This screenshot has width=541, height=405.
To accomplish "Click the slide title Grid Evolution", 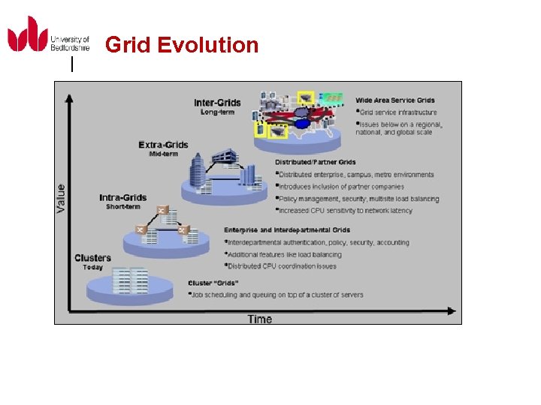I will tap(182, 45).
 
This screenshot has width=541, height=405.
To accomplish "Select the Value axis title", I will tap(61, 198).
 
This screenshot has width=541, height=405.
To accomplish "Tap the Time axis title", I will tap(260, 319).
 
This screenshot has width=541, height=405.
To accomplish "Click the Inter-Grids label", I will tap(217, 103).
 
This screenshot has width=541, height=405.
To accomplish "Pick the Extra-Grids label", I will tap(164, 145).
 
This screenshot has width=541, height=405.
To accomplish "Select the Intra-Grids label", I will tap(122, 198).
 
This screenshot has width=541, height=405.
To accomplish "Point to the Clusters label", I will tap(93, 258).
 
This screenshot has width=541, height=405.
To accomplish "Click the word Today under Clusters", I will tap(93, 268).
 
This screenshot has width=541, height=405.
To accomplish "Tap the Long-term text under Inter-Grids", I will tap(217, 112).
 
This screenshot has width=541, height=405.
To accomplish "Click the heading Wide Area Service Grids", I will tap(395, 100).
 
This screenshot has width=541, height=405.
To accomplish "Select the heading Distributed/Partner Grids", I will tap(316, 162).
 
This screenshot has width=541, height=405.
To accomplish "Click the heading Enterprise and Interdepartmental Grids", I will tap(287, 230).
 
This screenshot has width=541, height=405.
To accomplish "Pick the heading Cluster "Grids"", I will tap(213, 283).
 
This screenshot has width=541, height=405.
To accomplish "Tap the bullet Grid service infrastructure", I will tap(397, 112).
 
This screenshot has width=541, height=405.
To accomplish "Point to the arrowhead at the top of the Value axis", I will tap(70, 97).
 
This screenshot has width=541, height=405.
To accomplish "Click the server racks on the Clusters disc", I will tap(128, 280).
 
